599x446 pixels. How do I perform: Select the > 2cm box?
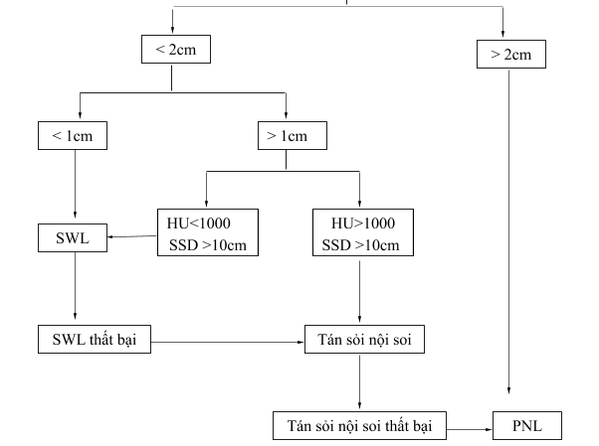511,55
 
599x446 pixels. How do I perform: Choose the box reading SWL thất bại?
93,341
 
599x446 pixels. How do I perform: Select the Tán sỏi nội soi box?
364,341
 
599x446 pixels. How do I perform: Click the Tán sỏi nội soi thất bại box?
359,426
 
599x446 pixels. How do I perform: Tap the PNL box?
526,426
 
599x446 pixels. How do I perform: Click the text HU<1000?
206,222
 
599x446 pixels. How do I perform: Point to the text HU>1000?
360,222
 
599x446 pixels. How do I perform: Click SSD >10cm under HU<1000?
206,244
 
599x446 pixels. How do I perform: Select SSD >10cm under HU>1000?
360,244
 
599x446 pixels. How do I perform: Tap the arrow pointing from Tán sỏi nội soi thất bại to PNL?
469,427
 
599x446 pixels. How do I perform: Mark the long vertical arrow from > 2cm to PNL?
510,228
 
